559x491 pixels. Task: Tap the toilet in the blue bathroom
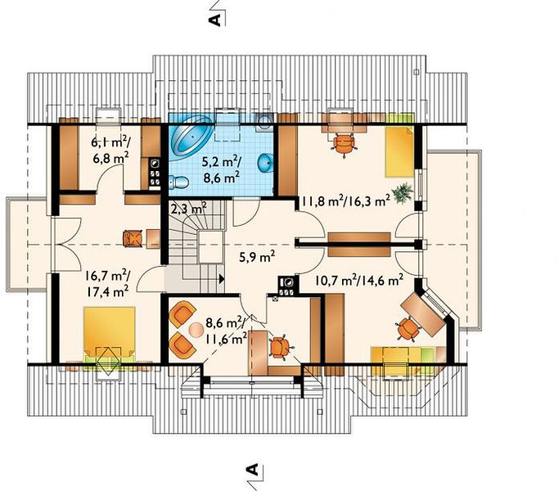[x=179, y=182]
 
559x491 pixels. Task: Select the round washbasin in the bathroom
[x=266, y=164]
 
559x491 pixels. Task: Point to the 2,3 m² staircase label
[x=189, y=208]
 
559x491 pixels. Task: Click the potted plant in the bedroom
[x=403, y=193]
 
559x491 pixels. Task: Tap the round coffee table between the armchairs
[x=196, y=330]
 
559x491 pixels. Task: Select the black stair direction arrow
[x=222, y=279]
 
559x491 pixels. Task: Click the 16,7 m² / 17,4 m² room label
[x=107, y=284]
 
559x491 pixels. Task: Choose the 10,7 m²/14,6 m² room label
[x=359, y=280]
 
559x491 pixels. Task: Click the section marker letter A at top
[x=214, y=20]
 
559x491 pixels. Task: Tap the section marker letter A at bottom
[x=252, y=470]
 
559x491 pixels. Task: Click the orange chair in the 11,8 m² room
[x=344, y=143]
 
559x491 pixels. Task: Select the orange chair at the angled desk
[x=408, y=328]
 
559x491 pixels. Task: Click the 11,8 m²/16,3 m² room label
[x=346, y=201]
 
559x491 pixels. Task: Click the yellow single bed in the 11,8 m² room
[x=399, y=151]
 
